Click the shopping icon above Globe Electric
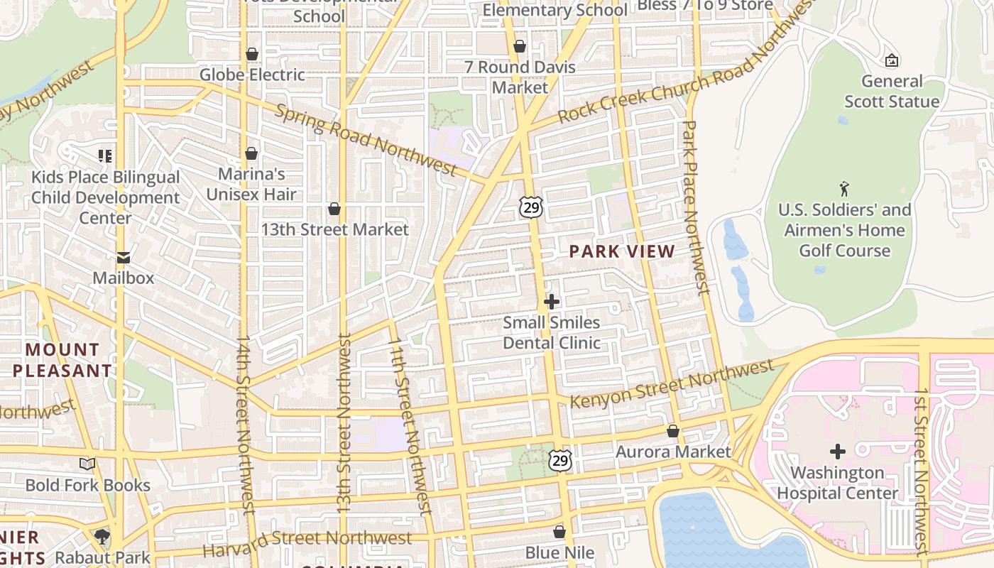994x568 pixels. [251, 54]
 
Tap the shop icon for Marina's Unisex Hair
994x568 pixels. [251, 153]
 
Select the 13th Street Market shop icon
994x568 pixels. [334, 209]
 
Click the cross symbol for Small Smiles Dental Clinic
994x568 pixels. [551, 302]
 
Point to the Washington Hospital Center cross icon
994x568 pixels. [838, 452]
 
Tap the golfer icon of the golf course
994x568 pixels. [844, 189]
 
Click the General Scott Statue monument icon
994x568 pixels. [892, 60]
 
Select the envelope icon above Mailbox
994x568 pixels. [124, 257]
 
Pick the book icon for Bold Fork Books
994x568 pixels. [87, 464]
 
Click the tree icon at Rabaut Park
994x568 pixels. [102, 537]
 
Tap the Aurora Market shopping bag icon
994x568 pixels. [673, 431]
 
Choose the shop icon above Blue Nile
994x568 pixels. [559, 532]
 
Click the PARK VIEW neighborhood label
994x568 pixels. [622, 251]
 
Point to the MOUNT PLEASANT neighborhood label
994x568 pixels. [62, 360]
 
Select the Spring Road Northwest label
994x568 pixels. [365, 140]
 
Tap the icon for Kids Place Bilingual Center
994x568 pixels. [105, 155]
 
